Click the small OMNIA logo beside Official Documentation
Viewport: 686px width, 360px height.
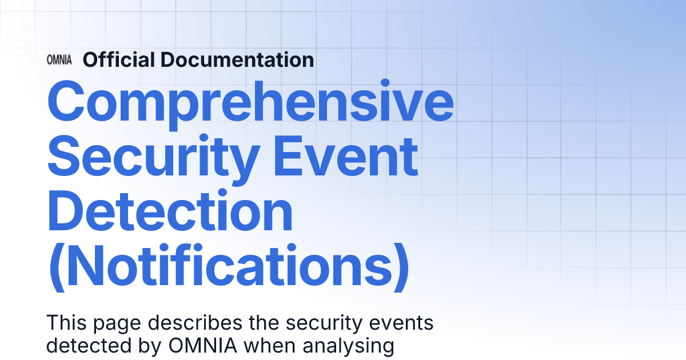(x=59, y=60)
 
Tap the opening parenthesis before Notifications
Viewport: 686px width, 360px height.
(x=55, y=266)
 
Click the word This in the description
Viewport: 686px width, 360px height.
(x=64, y=323)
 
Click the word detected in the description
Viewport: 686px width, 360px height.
(x=81, y=345)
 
